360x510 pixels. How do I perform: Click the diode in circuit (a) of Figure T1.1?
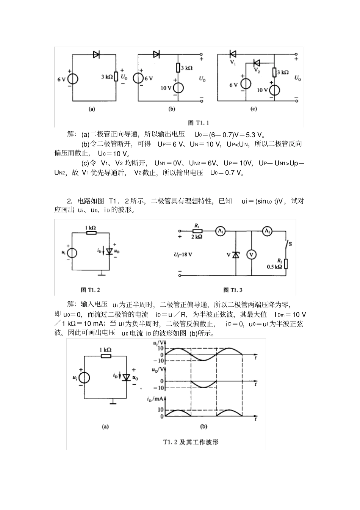coord(96,55)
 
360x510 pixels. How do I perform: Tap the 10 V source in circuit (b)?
coord(178,88)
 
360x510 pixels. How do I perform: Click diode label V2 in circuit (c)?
coord(257,70)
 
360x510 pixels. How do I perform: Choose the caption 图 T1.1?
coord(199,122)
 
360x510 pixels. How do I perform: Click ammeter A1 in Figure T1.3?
coord(220,231)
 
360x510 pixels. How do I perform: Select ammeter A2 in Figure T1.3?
coord(268,231)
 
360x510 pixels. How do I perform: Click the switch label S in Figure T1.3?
coord(290,244)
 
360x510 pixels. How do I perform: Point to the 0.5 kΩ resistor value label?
coord(275,266)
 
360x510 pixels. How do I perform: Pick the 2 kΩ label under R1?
coord(196,237)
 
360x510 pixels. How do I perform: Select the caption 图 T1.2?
coord(90,289)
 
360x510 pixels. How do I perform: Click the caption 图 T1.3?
coord(233,290)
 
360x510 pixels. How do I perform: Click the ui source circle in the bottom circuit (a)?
coord(85,377)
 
